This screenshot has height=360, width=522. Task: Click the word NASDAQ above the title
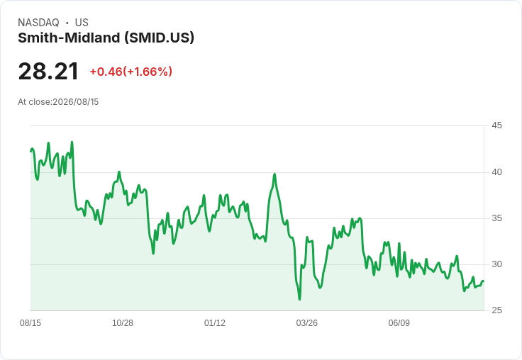38,23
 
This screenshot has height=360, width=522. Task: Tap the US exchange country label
82,23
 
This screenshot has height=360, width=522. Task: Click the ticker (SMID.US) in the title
159,38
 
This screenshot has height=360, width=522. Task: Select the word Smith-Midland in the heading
69,38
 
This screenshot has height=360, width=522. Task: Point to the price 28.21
48,72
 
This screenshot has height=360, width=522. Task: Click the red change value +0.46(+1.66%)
130,72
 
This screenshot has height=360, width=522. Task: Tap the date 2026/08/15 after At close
76,102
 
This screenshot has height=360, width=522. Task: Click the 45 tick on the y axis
496,125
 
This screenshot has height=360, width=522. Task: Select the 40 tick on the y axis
496,172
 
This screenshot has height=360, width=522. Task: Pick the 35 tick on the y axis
496,218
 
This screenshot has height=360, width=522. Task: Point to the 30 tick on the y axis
496,264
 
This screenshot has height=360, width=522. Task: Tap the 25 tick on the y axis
496,310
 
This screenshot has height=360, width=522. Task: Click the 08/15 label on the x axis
30,323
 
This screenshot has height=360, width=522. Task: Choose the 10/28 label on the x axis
123,323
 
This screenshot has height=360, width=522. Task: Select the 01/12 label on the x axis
215,323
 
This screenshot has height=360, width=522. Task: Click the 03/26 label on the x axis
307,323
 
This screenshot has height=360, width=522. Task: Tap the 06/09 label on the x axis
399,323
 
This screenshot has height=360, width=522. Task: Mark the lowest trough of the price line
299,300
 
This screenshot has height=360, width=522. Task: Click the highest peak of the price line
72,142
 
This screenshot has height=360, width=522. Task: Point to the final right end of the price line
484,281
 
